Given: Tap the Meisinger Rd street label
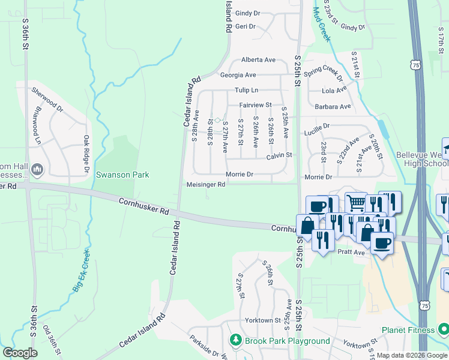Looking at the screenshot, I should pos(206,185).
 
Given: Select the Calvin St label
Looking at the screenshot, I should pos(279,155).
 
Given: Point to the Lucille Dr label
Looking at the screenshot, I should pos(318,128).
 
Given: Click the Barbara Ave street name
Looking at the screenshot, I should pos(336,107).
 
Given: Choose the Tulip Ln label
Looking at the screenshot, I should pos(246,91).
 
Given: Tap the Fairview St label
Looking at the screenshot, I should pos(256,105).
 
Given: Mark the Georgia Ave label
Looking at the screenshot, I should pos(238,76).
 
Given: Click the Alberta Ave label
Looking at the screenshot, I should pos(258,60).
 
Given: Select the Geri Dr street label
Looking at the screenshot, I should pos(246,26).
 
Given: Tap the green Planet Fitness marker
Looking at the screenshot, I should pos(443,330).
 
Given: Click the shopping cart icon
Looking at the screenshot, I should pos(355,203).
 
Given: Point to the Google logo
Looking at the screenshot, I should pos(19,353).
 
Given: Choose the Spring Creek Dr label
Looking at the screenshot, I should pos(323,74).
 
